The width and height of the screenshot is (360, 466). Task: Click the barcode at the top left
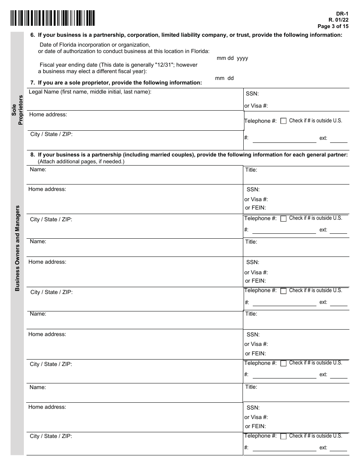(x=53, y=18)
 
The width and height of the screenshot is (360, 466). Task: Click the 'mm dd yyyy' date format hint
(x=232, y=58)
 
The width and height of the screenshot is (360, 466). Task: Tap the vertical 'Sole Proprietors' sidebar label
(x=17, y=109)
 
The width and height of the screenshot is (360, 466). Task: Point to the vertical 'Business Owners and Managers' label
(x=17, y=248)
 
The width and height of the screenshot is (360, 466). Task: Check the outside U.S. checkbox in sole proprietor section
(x=283, y=121)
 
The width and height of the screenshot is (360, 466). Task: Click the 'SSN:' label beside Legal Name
(x=252, y=94)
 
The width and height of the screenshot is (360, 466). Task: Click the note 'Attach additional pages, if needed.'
(x=81, y=161)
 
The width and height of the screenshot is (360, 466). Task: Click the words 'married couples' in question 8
(x=171, y=155)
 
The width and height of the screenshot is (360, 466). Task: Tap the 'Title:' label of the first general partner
(x=251, y=170)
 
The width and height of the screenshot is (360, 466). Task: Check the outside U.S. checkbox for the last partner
(x=283, y=436)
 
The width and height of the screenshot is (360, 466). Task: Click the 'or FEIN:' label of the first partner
(x=255, y=208)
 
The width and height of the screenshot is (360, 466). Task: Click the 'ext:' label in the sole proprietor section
(x=323, y=138)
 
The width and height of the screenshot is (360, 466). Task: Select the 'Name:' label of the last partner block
(x=38, y=387)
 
